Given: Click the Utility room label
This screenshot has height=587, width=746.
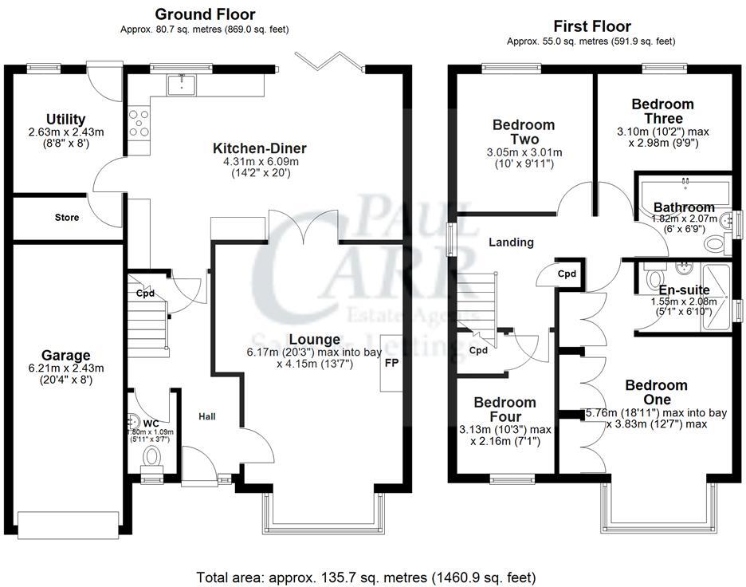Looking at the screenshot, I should (66, 120).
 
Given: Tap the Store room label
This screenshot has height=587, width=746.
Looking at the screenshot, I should (67, 217).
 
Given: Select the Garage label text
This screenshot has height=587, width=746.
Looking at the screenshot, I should (66, 355).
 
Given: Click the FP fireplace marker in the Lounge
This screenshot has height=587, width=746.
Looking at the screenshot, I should (392, 363).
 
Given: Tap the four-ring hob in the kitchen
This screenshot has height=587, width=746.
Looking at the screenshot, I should (139, 120).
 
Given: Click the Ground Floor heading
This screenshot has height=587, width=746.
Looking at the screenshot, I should (205, 14).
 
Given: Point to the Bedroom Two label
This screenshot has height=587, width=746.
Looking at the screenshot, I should (523, 132).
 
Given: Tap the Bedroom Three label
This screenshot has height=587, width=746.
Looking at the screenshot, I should (662, 111).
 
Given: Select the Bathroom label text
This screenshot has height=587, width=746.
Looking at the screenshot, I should (684, 207).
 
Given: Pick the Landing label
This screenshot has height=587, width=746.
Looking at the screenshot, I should (510, 242).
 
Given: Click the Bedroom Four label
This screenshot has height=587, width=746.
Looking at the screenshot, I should (505, 409).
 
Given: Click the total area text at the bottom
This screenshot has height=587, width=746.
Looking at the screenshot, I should (366, 576).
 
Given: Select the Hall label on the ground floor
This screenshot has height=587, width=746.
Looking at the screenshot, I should (207, 416).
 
